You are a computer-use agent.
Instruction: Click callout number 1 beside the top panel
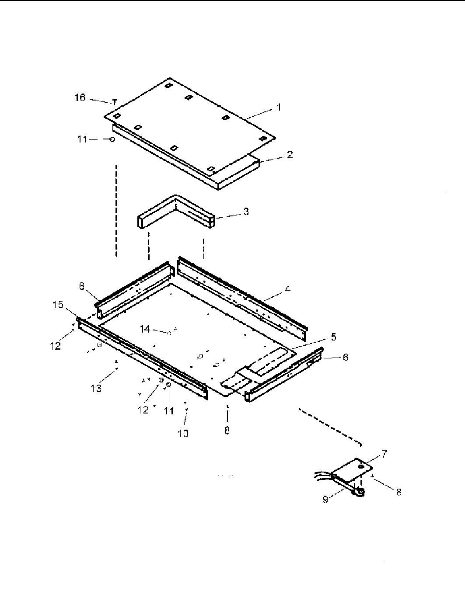coord(279,107)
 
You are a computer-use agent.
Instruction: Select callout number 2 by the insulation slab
coord(290,154)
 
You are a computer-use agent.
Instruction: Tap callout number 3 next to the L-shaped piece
coord(246,212)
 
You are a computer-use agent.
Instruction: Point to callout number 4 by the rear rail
coord(287,288)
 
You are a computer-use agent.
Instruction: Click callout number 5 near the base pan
coord(333,337)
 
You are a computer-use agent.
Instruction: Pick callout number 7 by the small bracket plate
coord(384,454)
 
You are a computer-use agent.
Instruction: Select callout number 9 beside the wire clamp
coord(325,499)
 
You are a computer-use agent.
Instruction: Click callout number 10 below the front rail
coord(183,433)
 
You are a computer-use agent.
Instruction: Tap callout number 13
coord(96,388)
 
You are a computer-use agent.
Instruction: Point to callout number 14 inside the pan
coord(145,329)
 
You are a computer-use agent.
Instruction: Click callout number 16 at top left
coord(80,97)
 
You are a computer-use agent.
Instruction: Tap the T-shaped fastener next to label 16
coord(115,102)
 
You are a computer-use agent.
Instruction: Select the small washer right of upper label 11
coord(112,139)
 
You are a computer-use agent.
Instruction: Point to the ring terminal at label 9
coord(359,493)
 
